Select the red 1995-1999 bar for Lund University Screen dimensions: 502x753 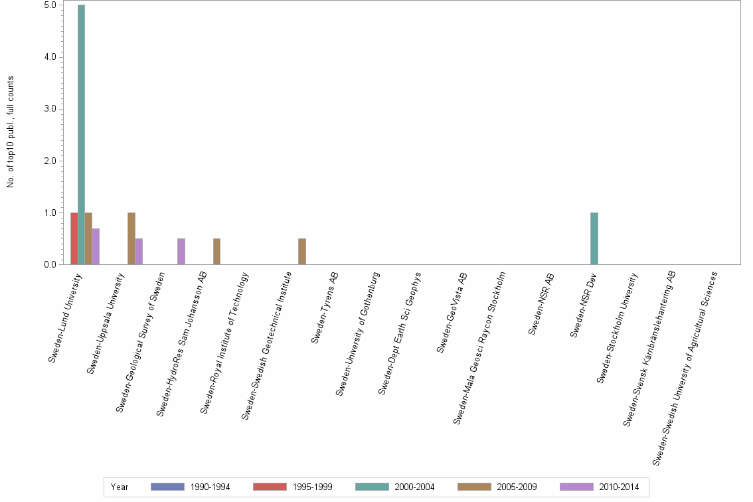coord(74,239)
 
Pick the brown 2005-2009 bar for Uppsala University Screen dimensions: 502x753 coord(131,239)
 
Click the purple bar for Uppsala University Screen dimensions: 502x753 coord(139,252)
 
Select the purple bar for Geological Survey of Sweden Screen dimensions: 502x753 coord(181,252)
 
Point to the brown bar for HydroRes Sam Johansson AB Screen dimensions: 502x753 coord(216,252)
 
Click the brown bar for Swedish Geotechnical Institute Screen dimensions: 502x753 coord(302,252)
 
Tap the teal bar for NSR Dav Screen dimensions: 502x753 coord(594,239)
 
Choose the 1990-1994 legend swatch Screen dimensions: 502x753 coord(167,487)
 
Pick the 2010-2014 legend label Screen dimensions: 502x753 coord(618,487)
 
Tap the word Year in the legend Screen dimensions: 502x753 coord(120,487)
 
